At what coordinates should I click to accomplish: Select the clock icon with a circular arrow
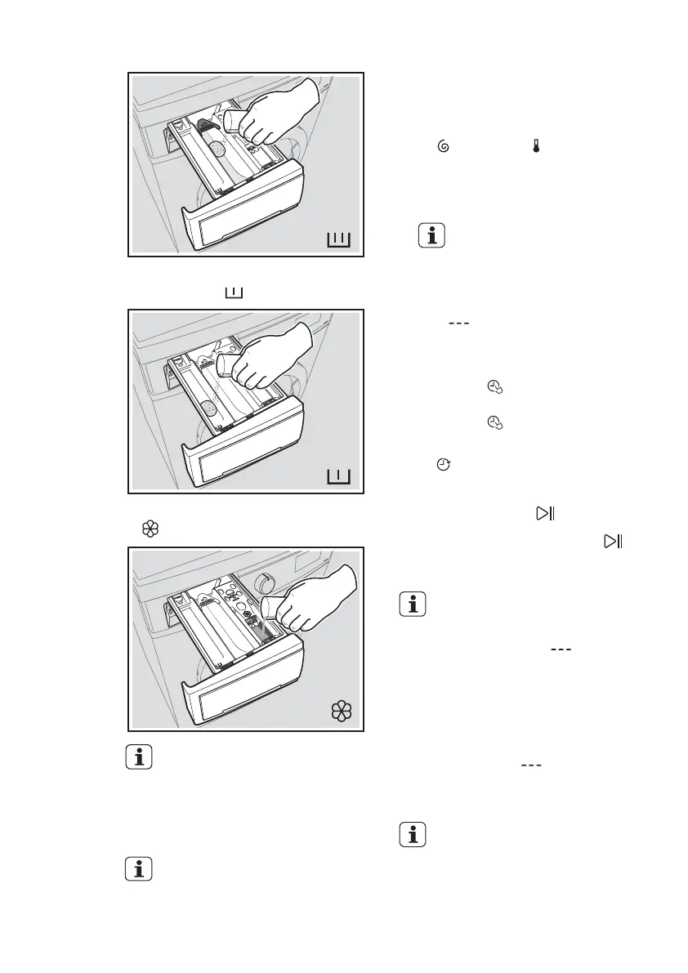tap(443, 464)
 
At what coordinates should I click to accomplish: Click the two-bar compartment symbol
tap(338, 239)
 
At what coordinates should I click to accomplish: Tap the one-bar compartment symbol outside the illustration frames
tap(234, 292)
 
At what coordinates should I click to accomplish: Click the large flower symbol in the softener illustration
tap(340, 712)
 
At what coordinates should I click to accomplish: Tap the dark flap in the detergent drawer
tap(206, 128)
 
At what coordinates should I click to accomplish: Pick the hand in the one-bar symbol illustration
tap(270, 359)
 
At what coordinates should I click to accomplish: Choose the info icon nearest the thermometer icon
tap(433, 237)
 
